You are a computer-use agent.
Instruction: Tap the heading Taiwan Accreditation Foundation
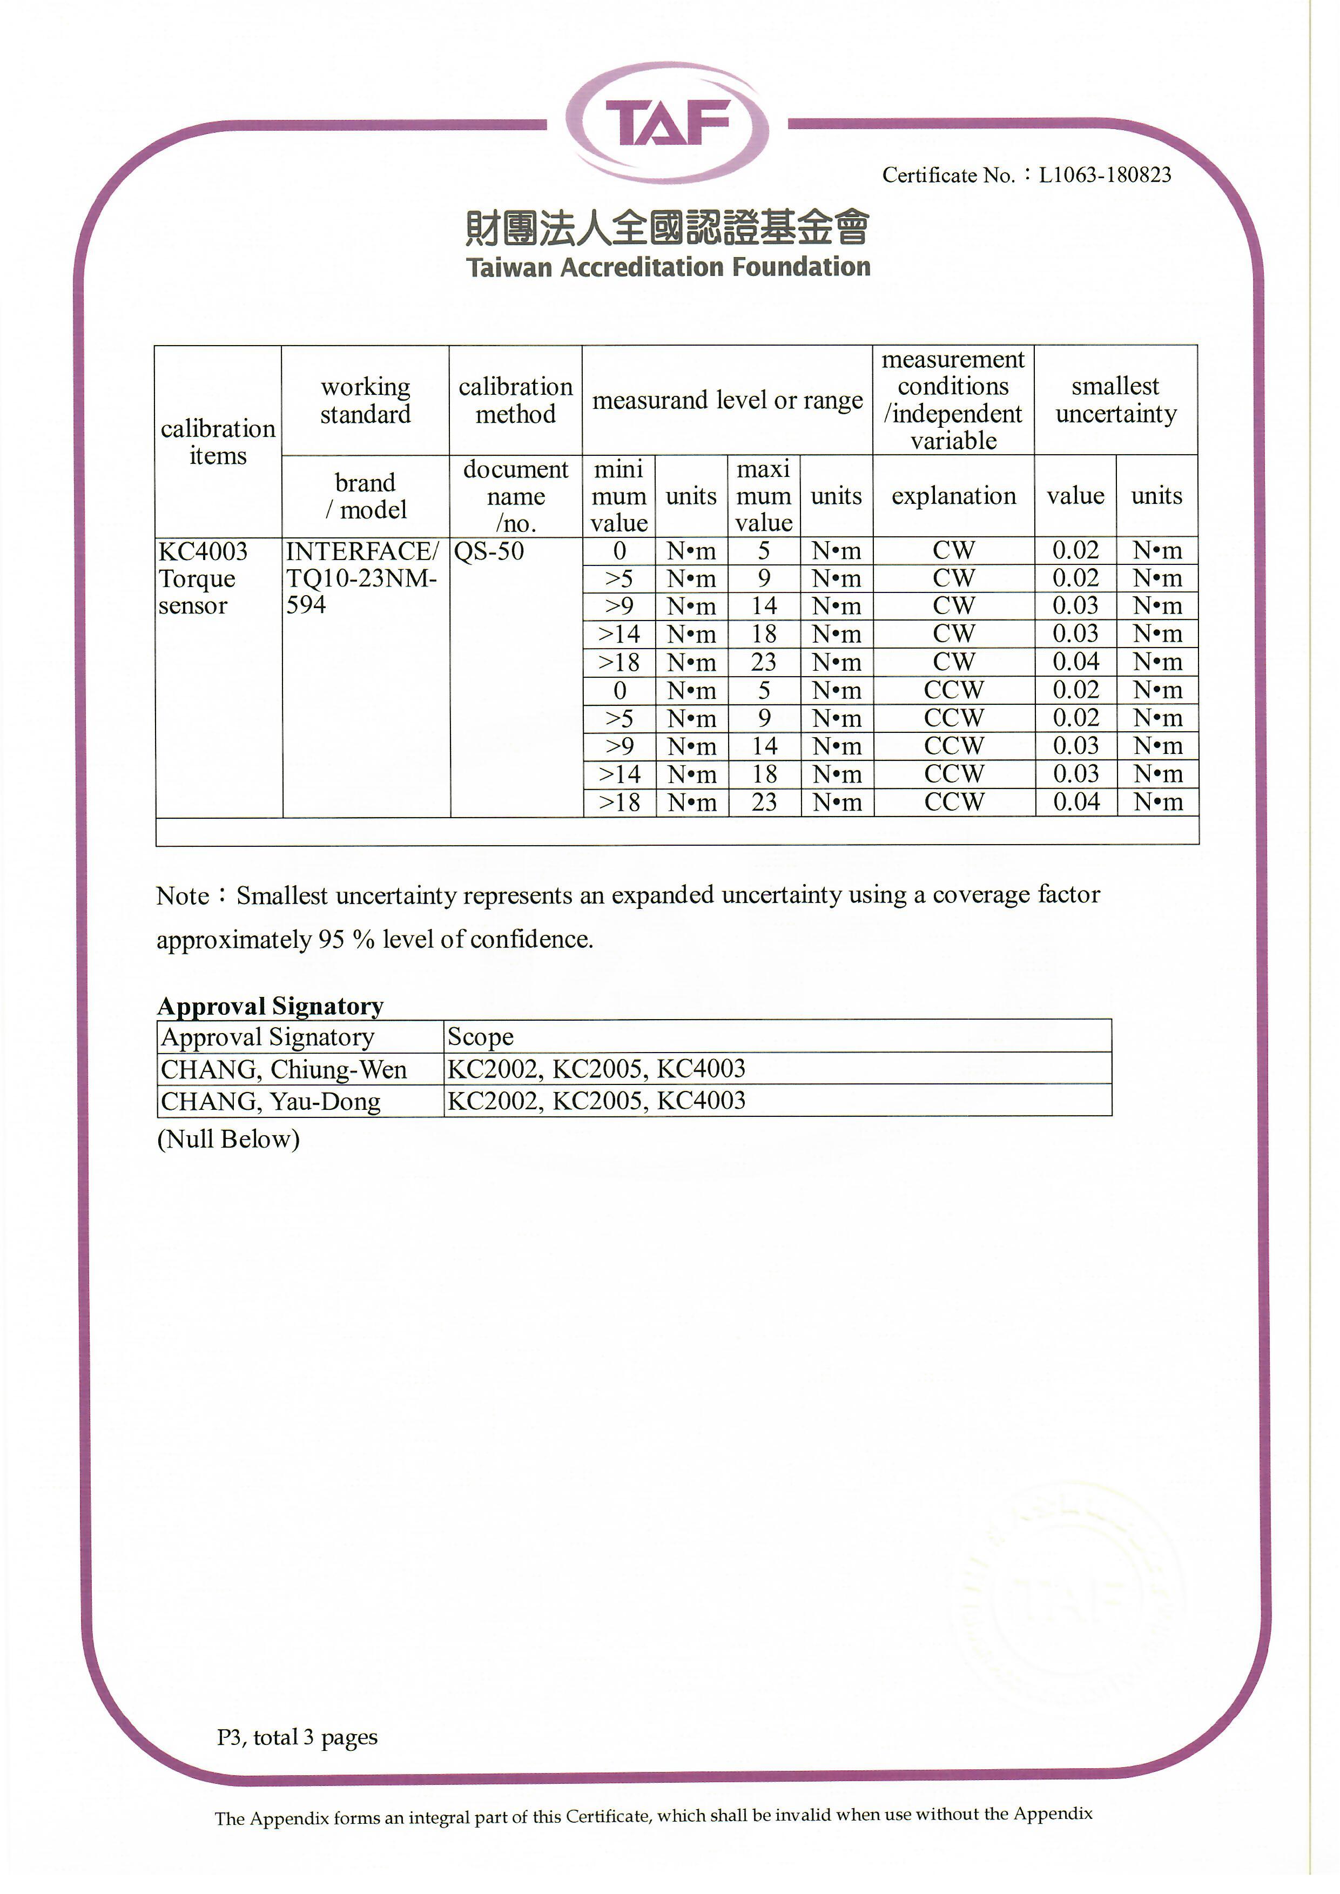pos(668,267)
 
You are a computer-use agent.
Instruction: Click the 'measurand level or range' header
pos(727,400)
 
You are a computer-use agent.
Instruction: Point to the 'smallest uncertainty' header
pos(1115,400)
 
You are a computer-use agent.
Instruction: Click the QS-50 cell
pos(489,551)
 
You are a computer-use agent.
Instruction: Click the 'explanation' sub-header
pos(953,496)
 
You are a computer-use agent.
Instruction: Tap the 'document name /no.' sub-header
pos(516,496)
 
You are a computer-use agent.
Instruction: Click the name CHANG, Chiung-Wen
pos(284,1069)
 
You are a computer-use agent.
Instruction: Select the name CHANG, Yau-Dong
pos(271,1101)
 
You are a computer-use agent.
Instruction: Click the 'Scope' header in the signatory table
pos(480,1037)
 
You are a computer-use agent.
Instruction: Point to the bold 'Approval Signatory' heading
pos(271,1006)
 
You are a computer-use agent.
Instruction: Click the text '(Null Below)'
pos(228,1139)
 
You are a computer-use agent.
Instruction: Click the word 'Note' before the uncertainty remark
pos(183,896)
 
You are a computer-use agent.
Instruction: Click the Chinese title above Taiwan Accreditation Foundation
pos(668,227)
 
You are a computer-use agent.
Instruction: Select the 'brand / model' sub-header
pos(366,496)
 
